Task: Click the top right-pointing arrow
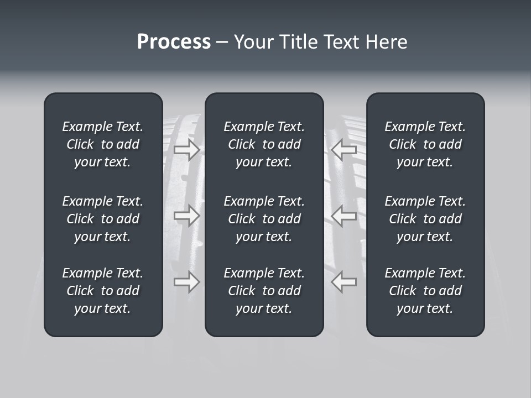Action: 187,150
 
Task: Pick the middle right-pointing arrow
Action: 187,216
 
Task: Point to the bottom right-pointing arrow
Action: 187,282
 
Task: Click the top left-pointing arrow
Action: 343,150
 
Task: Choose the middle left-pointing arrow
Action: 343,216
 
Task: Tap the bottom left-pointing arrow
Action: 343,282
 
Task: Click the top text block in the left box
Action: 103,144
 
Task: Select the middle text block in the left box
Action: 103,219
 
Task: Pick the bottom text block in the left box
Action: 103,291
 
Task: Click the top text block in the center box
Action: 264,144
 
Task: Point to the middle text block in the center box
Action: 264,219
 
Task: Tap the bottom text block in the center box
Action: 264,291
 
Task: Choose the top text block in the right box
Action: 425,144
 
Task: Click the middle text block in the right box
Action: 425,219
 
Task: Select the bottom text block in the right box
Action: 425,291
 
